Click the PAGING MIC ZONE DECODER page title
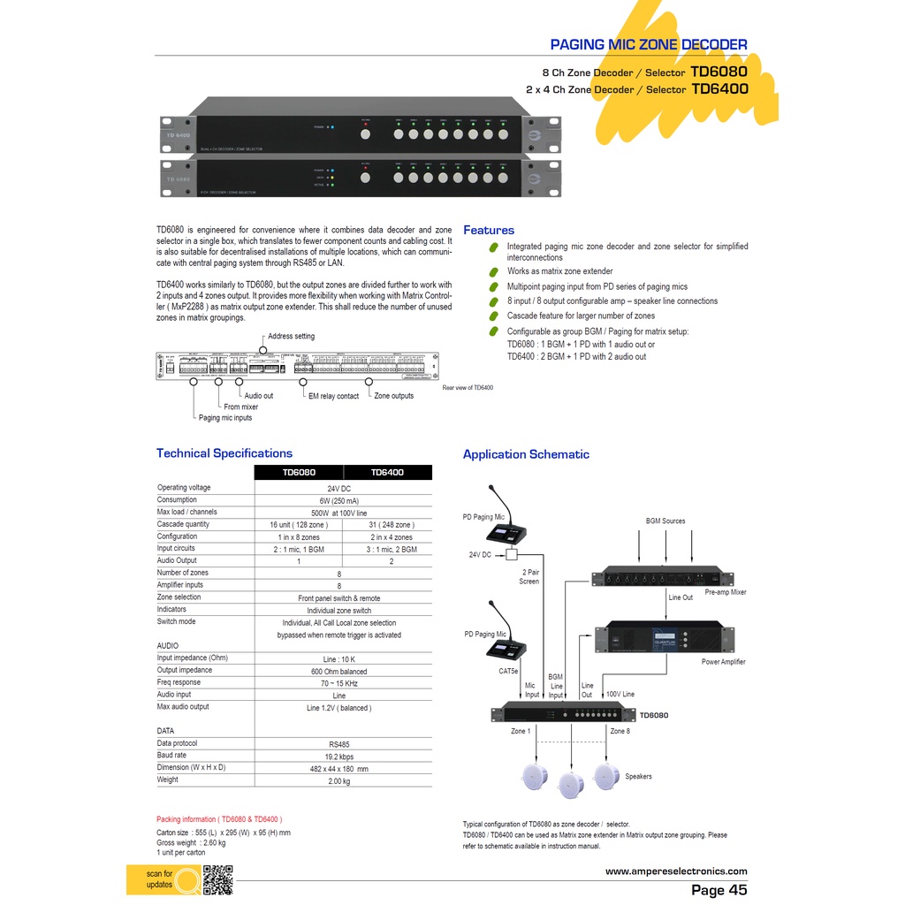pyautogui.click(x=648, y=44)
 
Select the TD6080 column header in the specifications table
pyautogui.click(x=299, y=472)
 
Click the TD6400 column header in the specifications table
pyautogui.click(x=387, y=472)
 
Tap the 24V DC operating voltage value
pyautogui.click(x=339, y=488)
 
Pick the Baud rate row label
pyautogui.click(x=172, y=756)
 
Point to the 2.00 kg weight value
pyautogui.click(x=339, y=780)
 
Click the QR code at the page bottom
pyautogui.click(x=217, y=880)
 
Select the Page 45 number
pyautogui.click(x=719, y=890)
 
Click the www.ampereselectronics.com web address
pyautogui.click(x=676, y=871)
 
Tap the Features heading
pyautogui.click(x=489, y=231)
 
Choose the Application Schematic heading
pyautogui.click(x=526, y=454)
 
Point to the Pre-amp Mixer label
pyautogui.click(x=726, y=592)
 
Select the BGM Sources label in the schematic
pyautogui.click(x=665, y=521)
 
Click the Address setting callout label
pyautogui.click(x=291, y=337)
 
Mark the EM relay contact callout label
pyautogui.click(x=335, y=397)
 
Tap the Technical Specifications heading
pyautogui.click(x=224, y=453)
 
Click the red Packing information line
pyautogui.click(x=219, y=819)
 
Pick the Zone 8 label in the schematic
pyautogui.click(x=620, y=732)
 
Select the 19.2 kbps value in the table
pyautogui.click(x=339, y=757)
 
